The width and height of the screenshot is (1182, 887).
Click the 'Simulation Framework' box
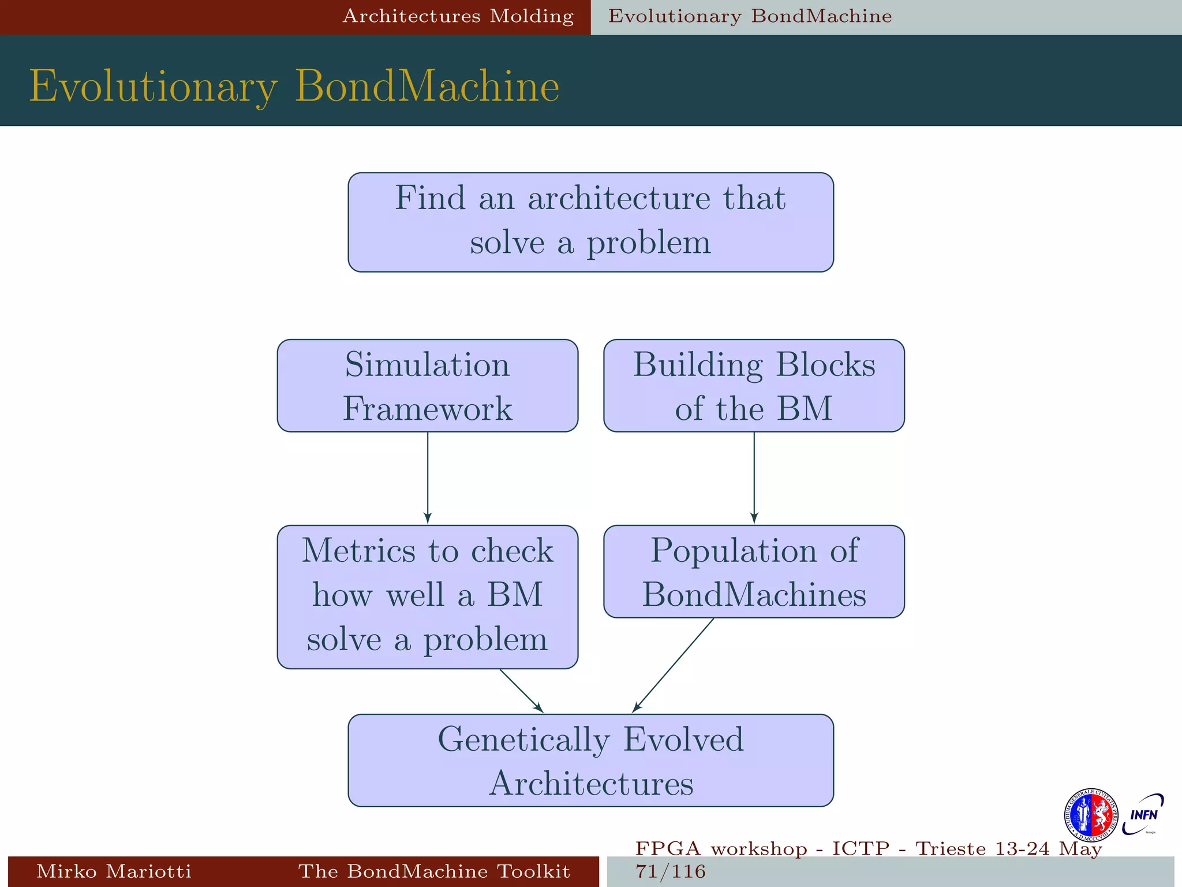427,386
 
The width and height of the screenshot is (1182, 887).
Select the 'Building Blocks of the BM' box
754,386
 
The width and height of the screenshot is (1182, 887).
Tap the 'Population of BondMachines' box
754,572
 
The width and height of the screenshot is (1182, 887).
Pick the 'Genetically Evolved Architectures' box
590,761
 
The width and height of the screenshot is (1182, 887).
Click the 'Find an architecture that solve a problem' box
590,222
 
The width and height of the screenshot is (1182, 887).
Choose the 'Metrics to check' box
427,597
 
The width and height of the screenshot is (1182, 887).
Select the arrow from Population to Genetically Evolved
673,665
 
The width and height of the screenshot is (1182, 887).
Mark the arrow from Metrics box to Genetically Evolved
521,691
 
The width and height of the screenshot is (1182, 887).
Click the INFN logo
1143,814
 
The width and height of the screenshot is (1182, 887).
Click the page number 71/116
671,871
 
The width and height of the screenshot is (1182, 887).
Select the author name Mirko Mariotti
114,871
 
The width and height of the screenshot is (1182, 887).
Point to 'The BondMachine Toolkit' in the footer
434,871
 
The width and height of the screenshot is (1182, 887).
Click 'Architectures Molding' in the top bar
458,16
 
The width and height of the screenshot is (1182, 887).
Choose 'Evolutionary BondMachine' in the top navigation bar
750,16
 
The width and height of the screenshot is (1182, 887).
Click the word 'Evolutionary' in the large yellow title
154,87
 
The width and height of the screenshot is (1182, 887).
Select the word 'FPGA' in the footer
668,849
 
